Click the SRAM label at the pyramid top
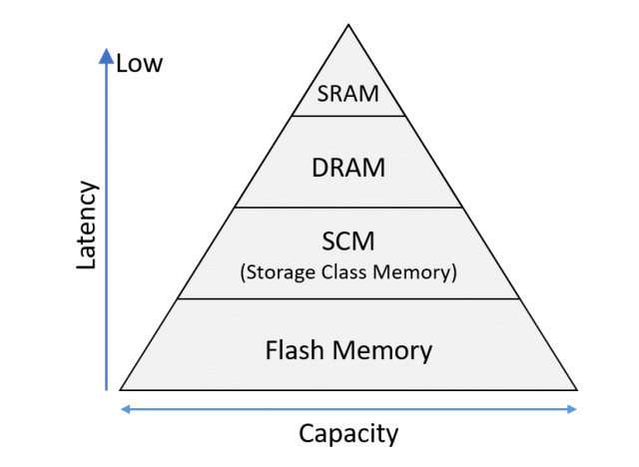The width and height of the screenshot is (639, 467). click(x=347, y=95)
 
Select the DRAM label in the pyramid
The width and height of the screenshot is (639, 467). click(x=348, y=168)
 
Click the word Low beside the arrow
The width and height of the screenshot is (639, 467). click(x=139, y=64)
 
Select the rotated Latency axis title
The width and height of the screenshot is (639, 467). click(x=88, y=226)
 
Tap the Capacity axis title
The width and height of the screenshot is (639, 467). click(x=348, y=434)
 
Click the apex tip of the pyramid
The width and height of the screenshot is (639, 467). click(x=348, y=24)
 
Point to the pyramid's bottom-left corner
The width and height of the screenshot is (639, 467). click(x=121, y=389)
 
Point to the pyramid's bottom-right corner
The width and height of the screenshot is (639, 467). click(x=576, y=389)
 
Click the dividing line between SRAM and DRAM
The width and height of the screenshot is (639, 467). click(x=348, y=116)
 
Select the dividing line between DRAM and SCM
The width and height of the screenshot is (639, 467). click(x=348, y=208)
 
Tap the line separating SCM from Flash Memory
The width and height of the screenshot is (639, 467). click(x=348, y=298)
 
